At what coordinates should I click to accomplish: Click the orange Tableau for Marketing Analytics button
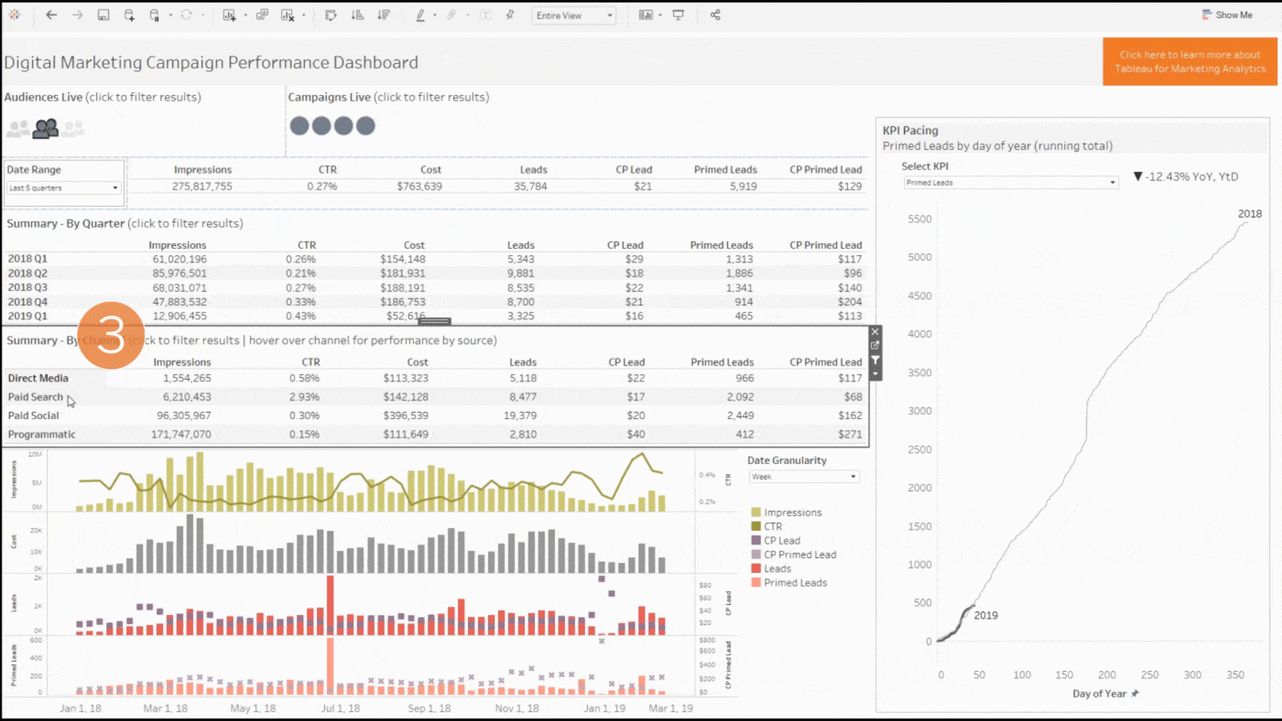coord(1189,61)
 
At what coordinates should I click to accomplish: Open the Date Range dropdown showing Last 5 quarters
coord(64,188)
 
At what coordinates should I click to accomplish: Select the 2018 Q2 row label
coord(27,273)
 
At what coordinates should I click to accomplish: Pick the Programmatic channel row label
coord(41,434)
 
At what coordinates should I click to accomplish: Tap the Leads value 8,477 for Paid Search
coord(522,397)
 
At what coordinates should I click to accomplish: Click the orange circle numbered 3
coord(111,335)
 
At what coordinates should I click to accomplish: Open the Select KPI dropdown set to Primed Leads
coord(1011,183)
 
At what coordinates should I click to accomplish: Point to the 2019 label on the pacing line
coord(986,616)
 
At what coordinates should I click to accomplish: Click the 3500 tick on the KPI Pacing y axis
coord(919,373)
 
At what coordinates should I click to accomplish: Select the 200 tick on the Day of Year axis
coord(1106,675)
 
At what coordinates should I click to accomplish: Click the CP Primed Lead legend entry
coord(799,555)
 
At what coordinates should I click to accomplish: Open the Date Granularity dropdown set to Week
coord(803,477)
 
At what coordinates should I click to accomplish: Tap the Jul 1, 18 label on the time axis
coord(341,708)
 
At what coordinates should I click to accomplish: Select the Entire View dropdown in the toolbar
coord(574,15)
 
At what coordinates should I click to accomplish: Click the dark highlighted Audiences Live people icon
coord(45,128)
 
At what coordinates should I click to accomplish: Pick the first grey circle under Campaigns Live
coord(299,126)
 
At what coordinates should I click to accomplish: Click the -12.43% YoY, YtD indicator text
coord(1191,177)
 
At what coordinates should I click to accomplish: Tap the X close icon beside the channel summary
coord(875,332)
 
